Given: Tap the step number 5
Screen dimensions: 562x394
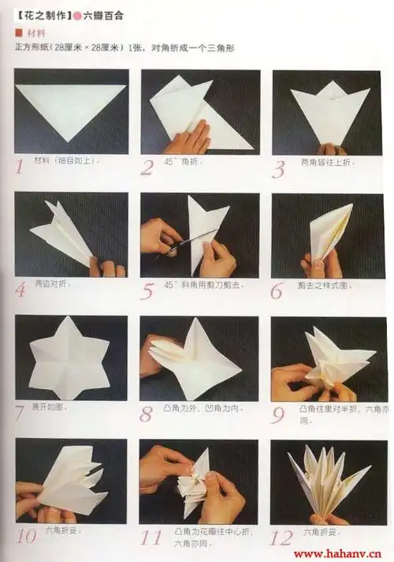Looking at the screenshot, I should pyautogui.click(x=147, y=290).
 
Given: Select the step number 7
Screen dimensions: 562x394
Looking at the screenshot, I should pyautogui.click(x=20, y=410).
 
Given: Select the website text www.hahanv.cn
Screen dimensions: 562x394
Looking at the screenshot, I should pyautogui.click(x=340, y=553).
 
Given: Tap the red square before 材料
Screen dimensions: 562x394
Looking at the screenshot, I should pyautogui.click(x=18, y=33).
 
